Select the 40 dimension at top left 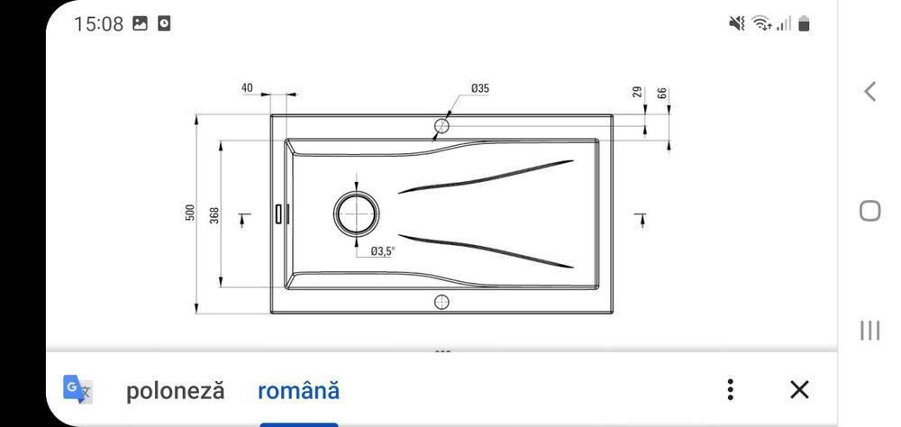247,88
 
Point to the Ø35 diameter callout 479,88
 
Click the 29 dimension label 637,93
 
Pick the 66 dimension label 662,93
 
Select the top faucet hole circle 441,123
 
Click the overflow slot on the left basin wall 280,213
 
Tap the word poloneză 175,391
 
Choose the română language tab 298,391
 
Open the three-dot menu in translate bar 731,390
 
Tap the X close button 798,390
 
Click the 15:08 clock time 98,24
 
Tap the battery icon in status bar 804,24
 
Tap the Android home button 869,211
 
